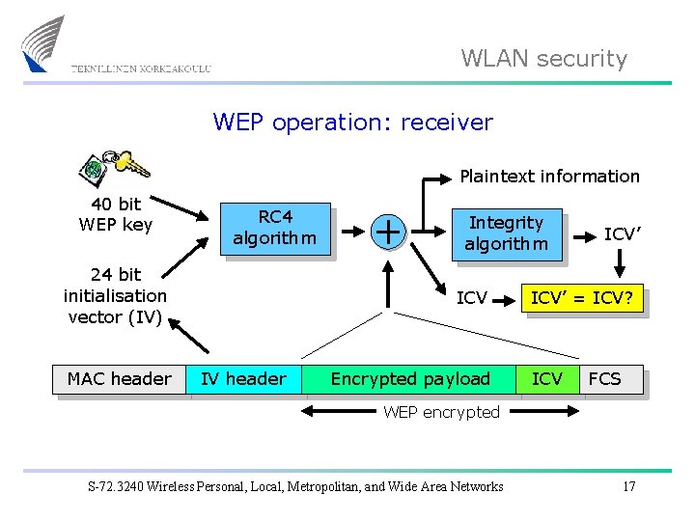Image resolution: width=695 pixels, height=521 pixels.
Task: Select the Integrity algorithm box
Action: [x=506, y=233]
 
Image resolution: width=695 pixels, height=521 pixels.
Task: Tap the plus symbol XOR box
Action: [x=388, y=231]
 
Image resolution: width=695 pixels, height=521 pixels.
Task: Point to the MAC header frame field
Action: [x=120, y=379]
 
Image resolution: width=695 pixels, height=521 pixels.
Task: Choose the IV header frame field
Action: [x=243, y=379]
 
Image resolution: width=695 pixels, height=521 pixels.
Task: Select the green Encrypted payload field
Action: [x=410, y=379]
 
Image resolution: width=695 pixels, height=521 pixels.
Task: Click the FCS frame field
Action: [x=605, y=379]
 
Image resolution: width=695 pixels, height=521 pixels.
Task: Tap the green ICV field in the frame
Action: [x=547, y=379]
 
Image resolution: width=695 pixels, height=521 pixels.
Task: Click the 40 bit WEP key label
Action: [x=115, y=214]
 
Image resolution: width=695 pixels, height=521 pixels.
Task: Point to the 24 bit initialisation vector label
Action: [x=115, y=296]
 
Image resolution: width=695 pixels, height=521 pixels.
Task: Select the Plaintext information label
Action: [x=549, y=177]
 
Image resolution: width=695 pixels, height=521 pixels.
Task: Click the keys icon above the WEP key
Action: [x=113, y=168]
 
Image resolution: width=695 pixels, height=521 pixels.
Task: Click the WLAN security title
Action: [x=543, y=59]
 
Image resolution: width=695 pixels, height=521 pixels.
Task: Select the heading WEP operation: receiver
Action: [x=352, y=123]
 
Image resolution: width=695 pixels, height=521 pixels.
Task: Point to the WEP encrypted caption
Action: [x=441, y=413]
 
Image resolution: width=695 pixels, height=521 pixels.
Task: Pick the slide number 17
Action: [x=628, y=486]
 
